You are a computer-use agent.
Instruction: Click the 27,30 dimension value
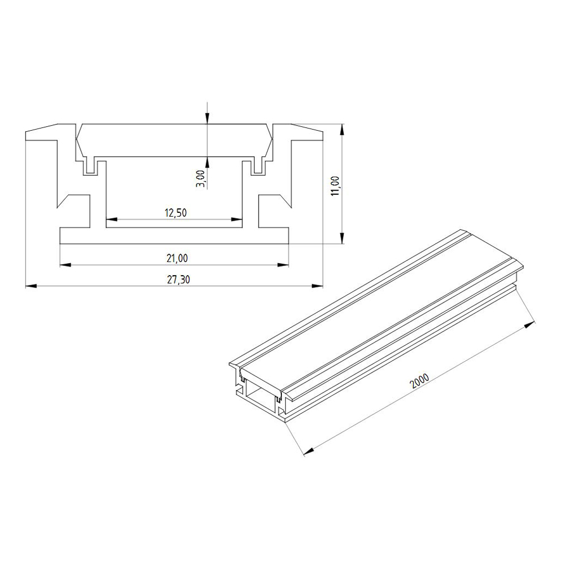coord(178,280)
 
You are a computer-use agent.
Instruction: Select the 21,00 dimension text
coord(177,258)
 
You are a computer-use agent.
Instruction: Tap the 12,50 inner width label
coord(176,213)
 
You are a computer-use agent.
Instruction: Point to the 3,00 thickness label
coord(202,179)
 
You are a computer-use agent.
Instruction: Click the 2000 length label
coord(420,380)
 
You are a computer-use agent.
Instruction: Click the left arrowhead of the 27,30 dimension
coord(31,286)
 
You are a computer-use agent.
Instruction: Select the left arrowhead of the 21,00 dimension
coord(65,265)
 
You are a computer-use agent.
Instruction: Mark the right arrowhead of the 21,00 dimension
coord(284,265)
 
